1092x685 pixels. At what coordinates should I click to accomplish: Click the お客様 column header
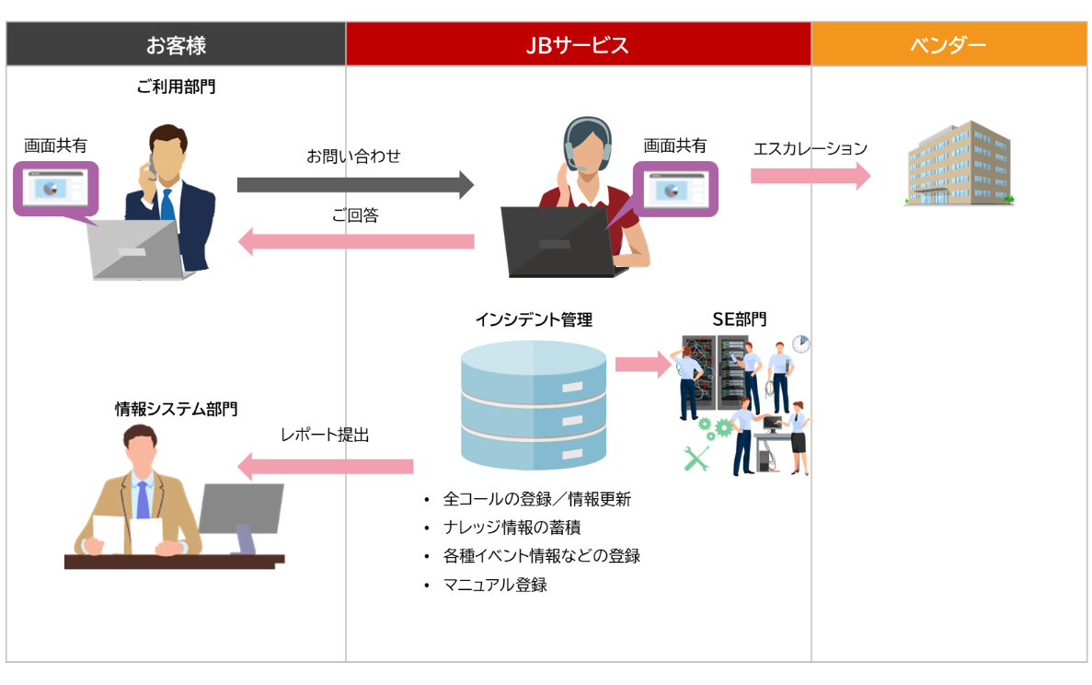tap(176, 44)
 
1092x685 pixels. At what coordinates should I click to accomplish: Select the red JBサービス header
tap(578, 44)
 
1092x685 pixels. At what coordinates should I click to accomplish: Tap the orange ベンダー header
tap(948, 44)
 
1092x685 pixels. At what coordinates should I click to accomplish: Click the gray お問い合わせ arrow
tap(355, 185)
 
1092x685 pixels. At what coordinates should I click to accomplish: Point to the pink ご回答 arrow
tap(355, 242)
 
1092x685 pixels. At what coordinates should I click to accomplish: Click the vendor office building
tap(959, 164)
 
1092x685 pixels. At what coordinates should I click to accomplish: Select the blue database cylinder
tap(533, 405)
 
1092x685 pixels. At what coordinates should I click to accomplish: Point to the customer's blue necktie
tap(167, 206)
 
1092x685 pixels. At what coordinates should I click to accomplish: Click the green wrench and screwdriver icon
tap(698, 458)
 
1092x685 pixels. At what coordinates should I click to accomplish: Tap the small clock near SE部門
tap(801, 343)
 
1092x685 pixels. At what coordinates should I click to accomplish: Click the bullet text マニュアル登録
tap(495, 585)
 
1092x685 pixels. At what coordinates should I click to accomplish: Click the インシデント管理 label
tap(533, 319)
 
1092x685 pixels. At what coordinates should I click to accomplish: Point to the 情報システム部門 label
tap(175, 409)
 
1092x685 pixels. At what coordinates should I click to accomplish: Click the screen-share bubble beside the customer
tap(55, 189)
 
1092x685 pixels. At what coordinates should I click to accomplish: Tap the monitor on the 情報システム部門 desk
tap(241, 511)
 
